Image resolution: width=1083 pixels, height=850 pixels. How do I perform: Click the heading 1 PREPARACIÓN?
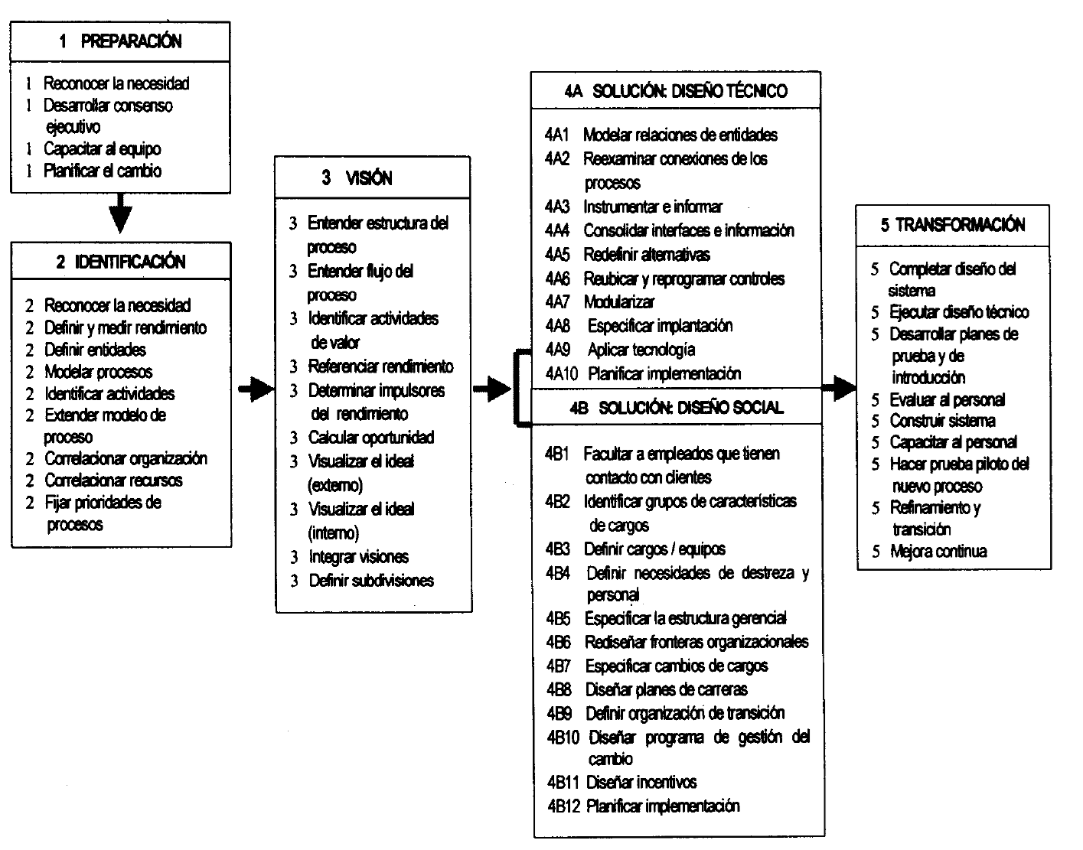tap(120, 41)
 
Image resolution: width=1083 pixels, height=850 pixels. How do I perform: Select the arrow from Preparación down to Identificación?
tap(120, 212)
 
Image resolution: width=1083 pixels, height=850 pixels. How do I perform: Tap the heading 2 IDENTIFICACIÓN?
tap(121, 262)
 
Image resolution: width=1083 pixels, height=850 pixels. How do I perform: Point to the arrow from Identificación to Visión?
tap(256, 390)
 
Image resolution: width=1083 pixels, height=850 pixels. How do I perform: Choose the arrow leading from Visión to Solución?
tap(491, 389)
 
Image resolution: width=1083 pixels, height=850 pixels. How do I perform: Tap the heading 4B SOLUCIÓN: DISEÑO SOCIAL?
tap(677, 407)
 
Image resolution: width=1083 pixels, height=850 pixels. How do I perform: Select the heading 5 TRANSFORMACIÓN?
tap(952, 225)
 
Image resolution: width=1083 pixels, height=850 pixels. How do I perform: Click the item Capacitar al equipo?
tap(102, 149)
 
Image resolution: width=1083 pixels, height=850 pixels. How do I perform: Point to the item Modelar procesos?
tap(98, 372)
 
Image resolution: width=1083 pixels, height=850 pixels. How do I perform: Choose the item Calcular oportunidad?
tap(371, 438)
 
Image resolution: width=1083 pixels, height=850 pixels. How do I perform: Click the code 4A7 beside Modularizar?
tap(557, 302)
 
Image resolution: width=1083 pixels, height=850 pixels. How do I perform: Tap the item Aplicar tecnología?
tap(641, 350)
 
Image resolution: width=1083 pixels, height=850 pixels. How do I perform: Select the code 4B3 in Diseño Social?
tap(559, 549)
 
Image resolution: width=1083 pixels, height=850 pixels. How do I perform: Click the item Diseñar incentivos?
tap(641, 782)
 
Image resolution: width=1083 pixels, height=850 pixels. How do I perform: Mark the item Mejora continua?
tap(938, 551)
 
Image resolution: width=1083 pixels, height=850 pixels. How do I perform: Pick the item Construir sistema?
tap(942, 421)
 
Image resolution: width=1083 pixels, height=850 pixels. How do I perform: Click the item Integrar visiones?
tap(358, 557)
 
